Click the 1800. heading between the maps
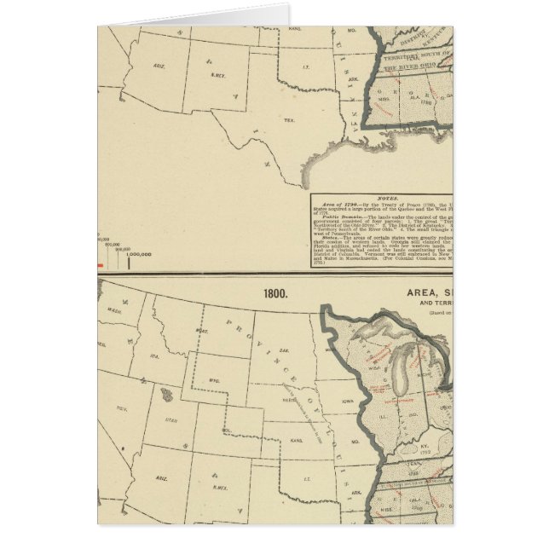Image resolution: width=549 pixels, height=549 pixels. click(x=275, y=292)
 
